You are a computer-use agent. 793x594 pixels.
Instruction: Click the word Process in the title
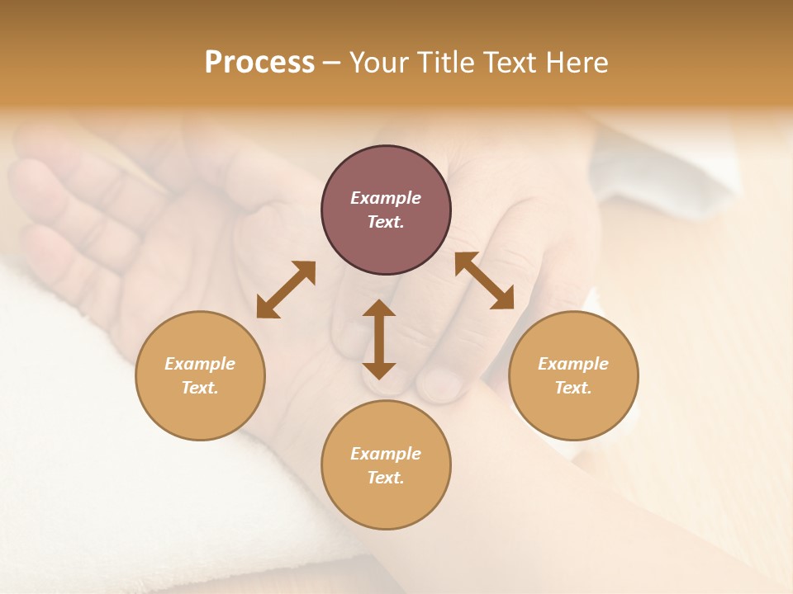coord(259,63)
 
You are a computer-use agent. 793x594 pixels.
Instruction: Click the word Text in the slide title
coord(510,63)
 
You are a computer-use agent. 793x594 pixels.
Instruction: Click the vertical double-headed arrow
coord(379,339)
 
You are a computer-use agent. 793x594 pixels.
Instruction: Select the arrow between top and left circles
coord(286,290)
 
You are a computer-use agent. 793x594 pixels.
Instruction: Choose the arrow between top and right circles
coord(484,280)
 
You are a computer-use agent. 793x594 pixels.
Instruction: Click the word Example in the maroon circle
coord(386,198)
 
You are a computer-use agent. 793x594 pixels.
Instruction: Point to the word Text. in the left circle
coord(200,388)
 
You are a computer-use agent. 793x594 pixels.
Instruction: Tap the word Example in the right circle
coord(573,364)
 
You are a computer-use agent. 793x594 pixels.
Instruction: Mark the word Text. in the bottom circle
coord(386,478)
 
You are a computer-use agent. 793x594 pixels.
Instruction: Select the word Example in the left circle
coord(200,364)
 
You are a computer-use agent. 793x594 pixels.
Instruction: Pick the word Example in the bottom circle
coord(386,454)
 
